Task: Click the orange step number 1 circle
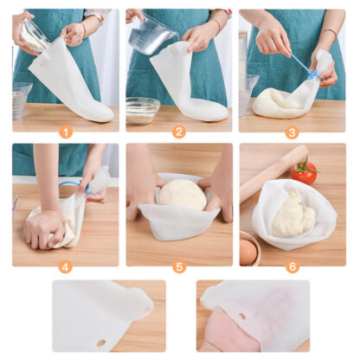66,132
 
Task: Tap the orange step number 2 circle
179,132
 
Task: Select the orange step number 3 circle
292,132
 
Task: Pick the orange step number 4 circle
66,267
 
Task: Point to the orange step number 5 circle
179,267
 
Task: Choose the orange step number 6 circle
292,267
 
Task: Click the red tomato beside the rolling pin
304,171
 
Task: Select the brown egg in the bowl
248,252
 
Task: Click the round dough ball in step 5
182,194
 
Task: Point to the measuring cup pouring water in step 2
151,35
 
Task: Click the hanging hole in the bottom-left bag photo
100,342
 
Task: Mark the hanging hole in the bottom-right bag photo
241,315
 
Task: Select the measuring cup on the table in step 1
21,100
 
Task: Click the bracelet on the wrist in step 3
331,35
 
